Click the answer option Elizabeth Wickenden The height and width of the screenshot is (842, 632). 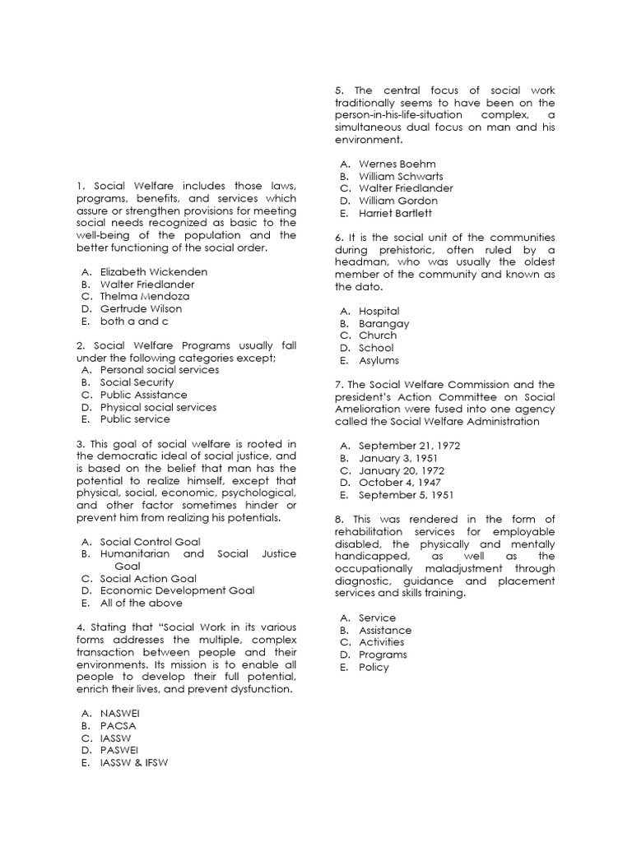coord(153,271)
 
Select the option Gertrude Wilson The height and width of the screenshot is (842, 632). coord(141,308)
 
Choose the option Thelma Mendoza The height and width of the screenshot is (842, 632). coord(145,296)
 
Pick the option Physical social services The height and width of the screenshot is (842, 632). coord(158,407)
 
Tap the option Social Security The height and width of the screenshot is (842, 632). coord(137,382)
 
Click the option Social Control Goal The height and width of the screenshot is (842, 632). coord(150,542)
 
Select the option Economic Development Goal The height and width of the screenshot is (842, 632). coord(177,590)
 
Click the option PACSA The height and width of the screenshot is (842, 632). coord(118,726)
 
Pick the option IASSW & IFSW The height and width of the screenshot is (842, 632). coord(137,762)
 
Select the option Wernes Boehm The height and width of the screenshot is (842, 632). coord(397,164)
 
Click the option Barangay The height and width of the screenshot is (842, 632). coord(383,323)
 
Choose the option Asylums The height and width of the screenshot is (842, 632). coord(379,360)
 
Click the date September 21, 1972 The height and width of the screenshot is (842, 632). coord(409,446)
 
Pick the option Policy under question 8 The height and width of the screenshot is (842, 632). coord(374,667)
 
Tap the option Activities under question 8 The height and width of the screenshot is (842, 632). coord(381,642)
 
